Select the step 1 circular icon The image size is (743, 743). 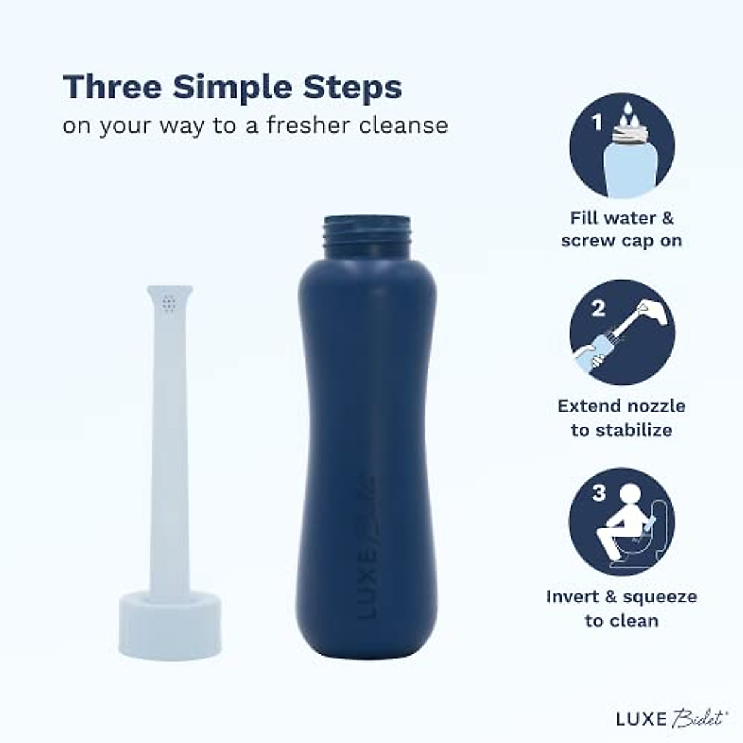coord(622,145)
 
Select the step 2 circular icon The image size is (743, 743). coord(622,332)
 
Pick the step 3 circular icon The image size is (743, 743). coord(622,521)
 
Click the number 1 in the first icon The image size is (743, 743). coord(597,122)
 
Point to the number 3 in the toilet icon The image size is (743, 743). coord(598,493)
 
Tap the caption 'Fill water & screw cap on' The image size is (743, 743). coord(622,229)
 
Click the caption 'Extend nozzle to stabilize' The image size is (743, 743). coord(622,418)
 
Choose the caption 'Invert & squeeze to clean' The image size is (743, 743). coord(622,609)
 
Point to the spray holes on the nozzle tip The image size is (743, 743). coord(169,303)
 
